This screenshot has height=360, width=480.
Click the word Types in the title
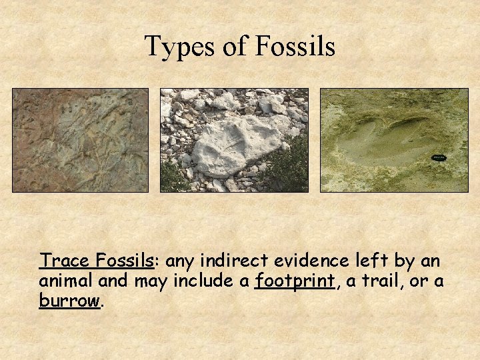(175, 47)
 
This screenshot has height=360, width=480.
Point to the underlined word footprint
(295, 281)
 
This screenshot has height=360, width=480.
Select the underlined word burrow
(69, 301)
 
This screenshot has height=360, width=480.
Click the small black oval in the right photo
(439, 157)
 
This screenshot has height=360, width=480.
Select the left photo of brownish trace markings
(80, 140)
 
